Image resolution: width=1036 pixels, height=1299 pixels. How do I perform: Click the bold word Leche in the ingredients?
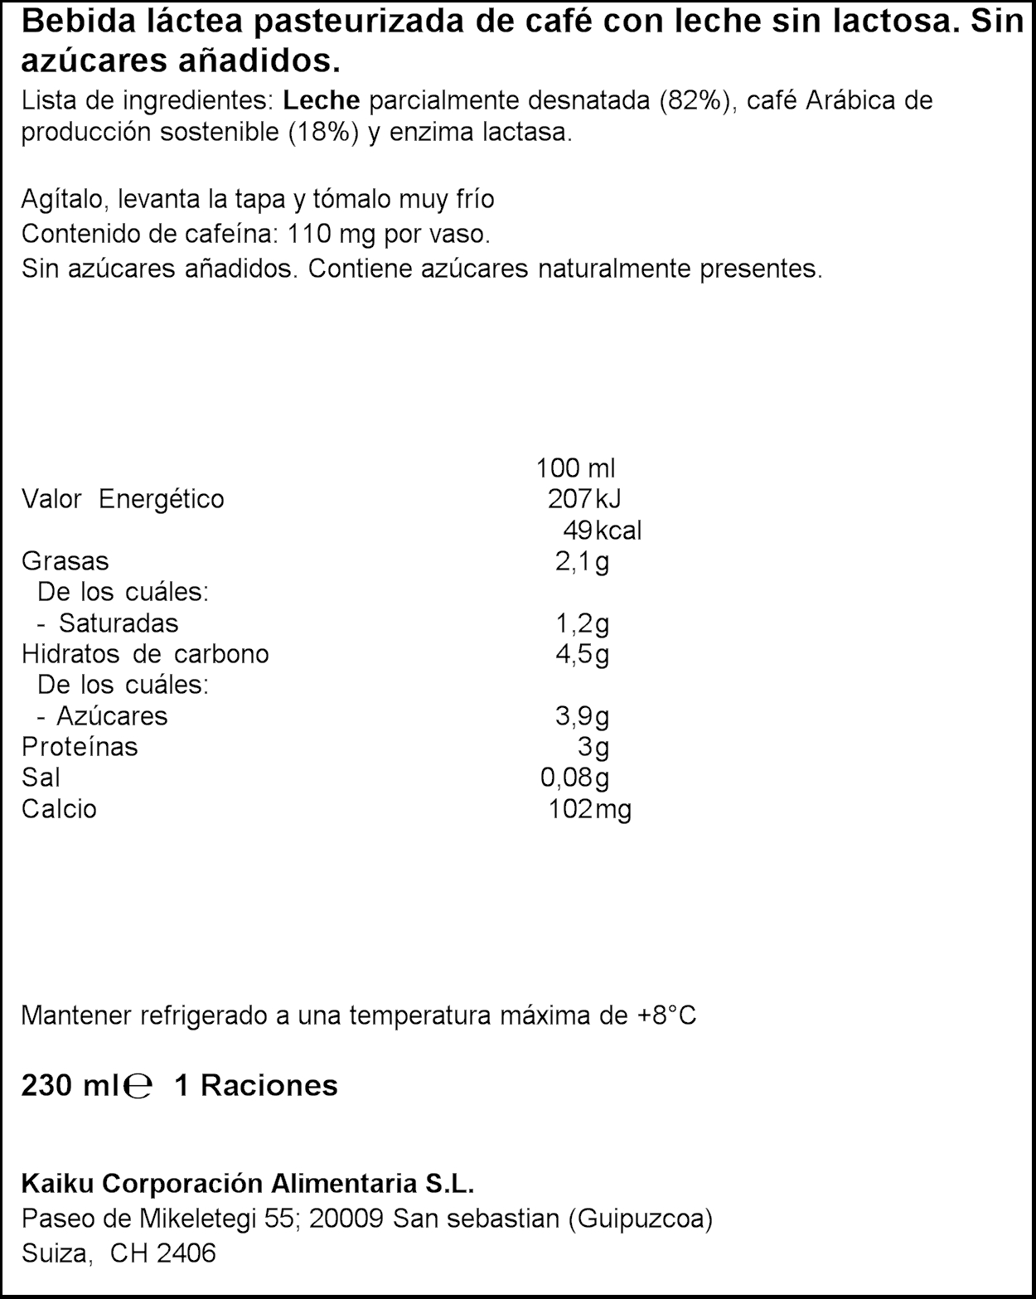(322, 101)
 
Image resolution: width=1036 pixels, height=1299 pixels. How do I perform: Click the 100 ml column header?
(575, 468)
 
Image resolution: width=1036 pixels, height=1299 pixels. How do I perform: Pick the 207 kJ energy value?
(583, 499)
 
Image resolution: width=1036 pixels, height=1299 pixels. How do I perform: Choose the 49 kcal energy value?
(602, 531)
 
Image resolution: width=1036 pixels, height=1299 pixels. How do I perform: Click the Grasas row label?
(65, 561)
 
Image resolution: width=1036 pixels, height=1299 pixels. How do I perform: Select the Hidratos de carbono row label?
(145, 654)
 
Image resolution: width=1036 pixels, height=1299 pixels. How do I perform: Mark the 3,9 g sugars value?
(582, 716)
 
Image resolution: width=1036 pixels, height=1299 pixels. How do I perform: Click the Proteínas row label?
(80, 747)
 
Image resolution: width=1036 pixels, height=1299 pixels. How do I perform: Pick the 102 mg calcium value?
(589, 809)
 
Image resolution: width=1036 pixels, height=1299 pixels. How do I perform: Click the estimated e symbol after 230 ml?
(140, 1086)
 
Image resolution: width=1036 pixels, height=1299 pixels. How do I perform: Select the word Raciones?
(269, 1086)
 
